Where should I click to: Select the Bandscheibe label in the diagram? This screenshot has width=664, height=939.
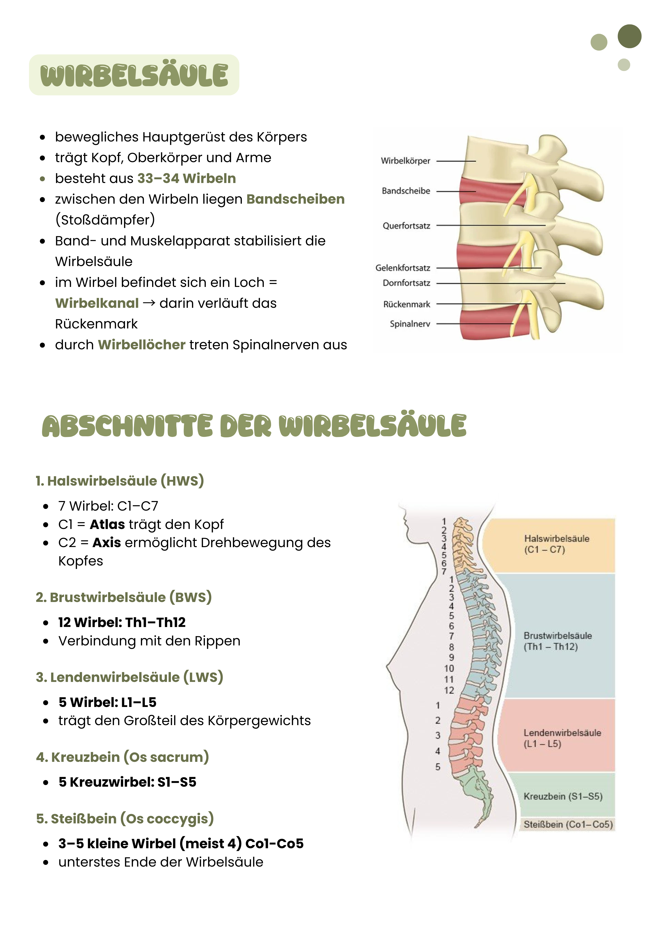pos(406,191)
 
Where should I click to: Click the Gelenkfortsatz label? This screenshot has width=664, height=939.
pos(403,268)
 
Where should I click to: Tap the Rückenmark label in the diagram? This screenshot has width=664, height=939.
pos(406,304)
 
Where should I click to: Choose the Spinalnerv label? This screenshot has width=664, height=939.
pos(410,324)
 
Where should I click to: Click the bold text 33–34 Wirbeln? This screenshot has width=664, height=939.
pos(186,178)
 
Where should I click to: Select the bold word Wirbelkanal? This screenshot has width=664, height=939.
pos(97,303)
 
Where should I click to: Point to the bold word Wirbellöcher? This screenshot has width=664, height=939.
pos(141,345)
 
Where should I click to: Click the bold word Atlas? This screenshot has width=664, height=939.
pos(107,524)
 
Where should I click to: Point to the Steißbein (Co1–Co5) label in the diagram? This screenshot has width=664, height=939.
pos(568,824)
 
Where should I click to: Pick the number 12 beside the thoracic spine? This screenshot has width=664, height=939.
pos(449,690)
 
